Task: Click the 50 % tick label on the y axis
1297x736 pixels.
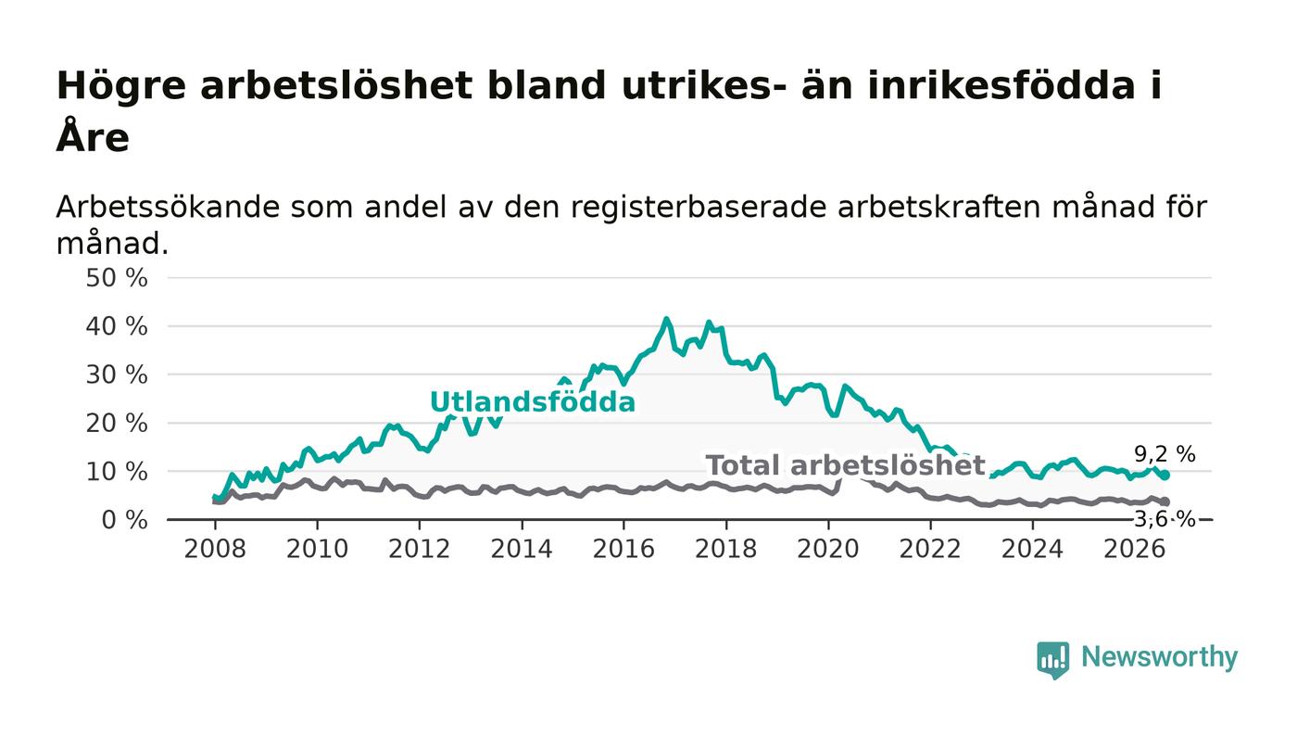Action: [x=117, y=278]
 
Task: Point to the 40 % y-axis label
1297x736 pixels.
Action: [x=117, y=327]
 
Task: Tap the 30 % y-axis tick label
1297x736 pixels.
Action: [x=117, y=375]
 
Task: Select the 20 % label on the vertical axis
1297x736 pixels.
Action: [x=117, y=424]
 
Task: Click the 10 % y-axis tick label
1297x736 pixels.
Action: [x=117, y=472]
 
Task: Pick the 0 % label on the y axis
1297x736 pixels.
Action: [x=124, y=520]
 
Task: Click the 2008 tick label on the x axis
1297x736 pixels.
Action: [x=215, y=549]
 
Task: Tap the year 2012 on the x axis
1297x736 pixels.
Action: [x=419, y=549]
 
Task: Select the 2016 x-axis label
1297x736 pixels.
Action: [x=623, y=549]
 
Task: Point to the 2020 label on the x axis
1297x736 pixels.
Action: [x=828, y=549]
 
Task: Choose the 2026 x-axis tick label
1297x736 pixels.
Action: [x=1134, y=549]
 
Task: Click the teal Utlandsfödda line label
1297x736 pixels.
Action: [x=533, y=401]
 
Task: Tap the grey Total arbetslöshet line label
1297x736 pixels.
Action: [x=845, y=465]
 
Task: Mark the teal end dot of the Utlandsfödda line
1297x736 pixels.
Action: [x=1165, y=476]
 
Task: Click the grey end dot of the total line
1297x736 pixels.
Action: [x=1165, y=501]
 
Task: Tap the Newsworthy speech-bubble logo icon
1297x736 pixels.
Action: [x=1052, y=660]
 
